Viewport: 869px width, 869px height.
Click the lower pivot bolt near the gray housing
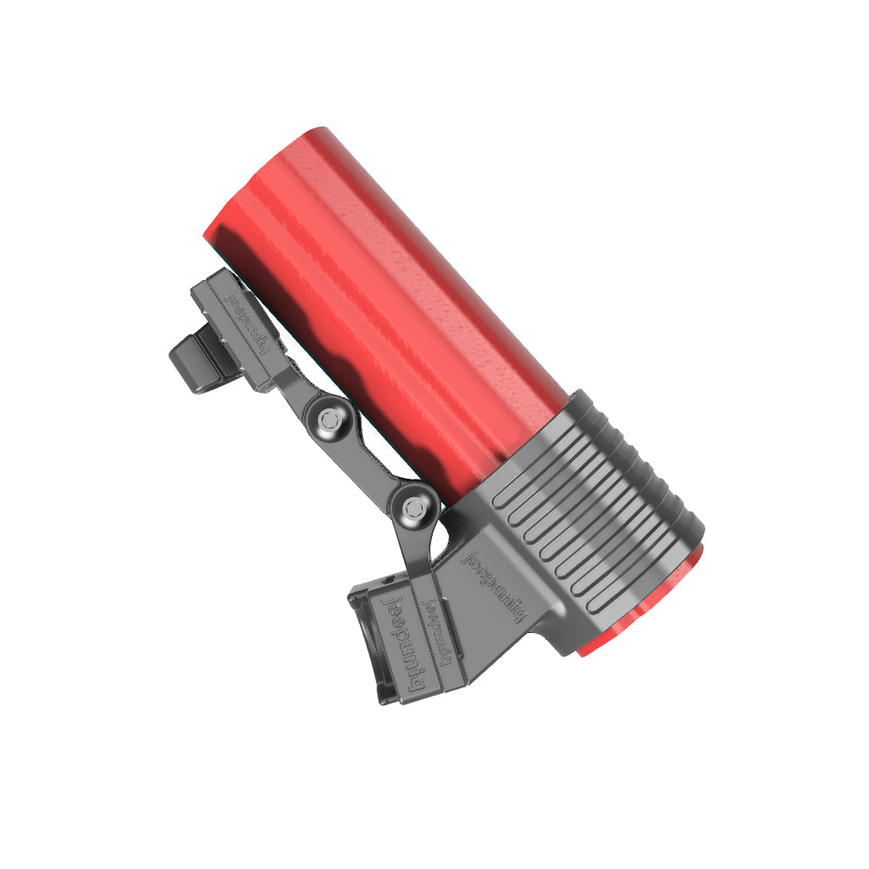coord(413,509)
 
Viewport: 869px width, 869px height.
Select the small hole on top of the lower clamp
coord(388,579)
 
